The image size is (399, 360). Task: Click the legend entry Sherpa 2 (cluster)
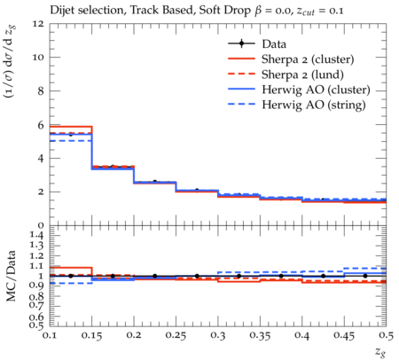coord(308,59)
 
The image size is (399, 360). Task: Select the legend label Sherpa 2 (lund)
coord(302,74)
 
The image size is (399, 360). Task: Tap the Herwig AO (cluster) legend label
coord(316,90)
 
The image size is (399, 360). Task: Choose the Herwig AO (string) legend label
coord(314,105)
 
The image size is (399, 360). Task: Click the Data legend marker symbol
coord(241,43)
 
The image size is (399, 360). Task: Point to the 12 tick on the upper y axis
coord(38,23)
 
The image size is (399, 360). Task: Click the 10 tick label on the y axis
coord(38,57)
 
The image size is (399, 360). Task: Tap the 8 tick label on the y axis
coord(40,90)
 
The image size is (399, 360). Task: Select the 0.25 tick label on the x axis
coord(176,336)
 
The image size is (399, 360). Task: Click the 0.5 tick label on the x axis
coord(386,336)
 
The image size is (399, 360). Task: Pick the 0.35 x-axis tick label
coord(260,336)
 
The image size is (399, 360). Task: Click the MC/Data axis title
coord(11,276)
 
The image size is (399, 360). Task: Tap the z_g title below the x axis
coord(380,351)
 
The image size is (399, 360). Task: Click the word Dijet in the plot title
coord(62,11)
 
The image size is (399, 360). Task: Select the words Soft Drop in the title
coord(224,11)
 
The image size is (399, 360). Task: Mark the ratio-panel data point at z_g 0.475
coord(365,276)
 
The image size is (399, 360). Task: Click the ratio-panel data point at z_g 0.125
coord(71,276)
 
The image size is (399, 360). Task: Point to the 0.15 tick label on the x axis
coord(91,336)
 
